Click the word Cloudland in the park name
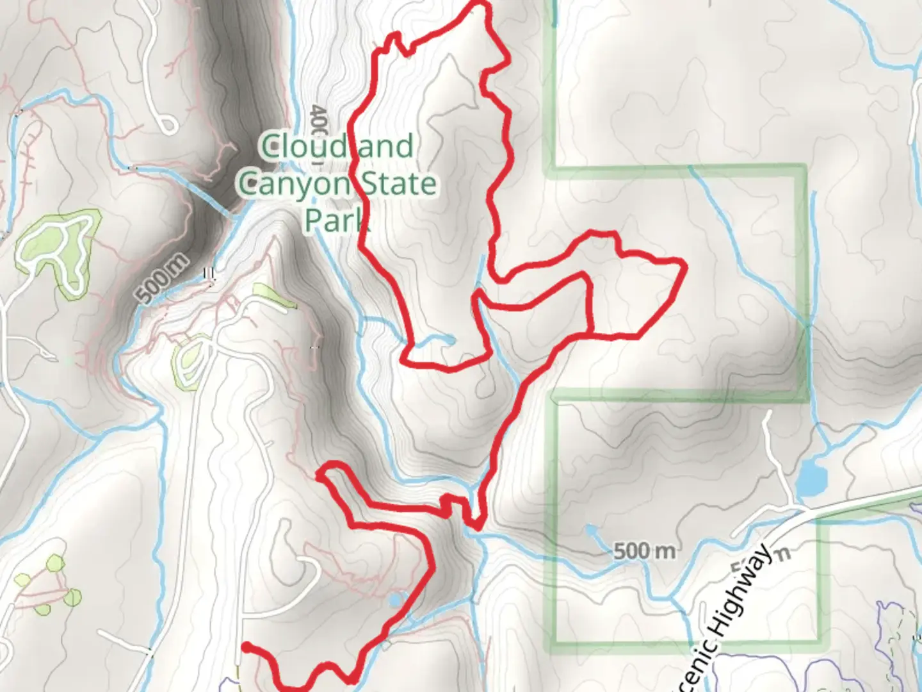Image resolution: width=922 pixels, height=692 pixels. click(x=337, y=146)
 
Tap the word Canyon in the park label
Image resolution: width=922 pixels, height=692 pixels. click(x=294, y=184)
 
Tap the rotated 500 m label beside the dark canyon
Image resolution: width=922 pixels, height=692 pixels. click(x=163, y=279)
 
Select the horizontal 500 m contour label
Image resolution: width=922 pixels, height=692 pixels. click(x=643, y=550)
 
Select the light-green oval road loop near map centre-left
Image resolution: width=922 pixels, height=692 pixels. click(x=191, y=362)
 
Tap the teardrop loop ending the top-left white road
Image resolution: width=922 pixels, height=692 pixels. click(x=167, y=123)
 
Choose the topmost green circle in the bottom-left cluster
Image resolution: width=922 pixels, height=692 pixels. click(x=56, y=564)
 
